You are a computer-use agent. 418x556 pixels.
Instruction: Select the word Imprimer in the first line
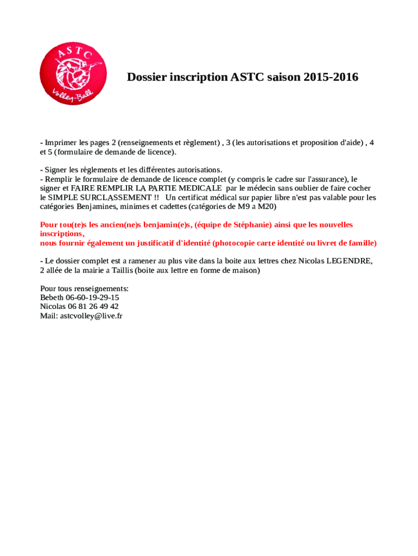pos(61,143)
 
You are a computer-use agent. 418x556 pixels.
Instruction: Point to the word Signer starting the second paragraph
pos(56,170)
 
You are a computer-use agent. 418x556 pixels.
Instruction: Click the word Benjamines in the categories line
pos(104,207)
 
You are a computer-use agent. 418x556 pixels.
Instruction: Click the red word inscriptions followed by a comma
pos(61,234)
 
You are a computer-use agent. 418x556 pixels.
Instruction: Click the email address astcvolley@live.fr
pos(91,315)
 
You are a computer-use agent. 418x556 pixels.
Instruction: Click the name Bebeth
pos(52,298)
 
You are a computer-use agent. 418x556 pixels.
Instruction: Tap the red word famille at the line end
pos(362,243)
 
